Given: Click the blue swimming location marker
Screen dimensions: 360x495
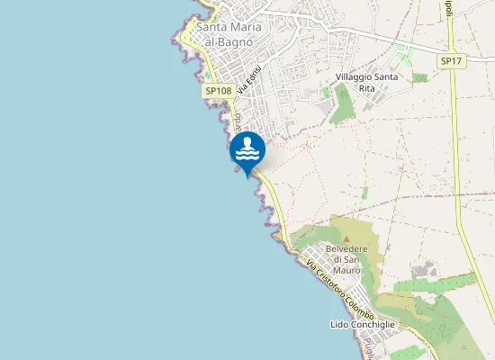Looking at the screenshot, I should click(247, 150).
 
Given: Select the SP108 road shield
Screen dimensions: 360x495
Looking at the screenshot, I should click(218, 91).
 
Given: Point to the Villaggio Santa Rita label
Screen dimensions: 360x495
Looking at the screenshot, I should click(366, 83).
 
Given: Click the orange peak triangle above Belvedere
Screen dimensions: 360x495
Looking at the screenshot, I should click(346, 238).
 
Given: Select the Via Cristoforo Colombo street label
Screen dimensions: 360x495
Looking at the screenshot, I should click(339, 290).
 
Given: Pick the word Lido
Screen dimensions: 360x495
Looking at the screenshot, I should click(339, 324).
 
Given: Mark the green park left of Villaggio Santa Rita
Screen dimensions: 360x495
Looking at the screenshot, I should click(341, 103).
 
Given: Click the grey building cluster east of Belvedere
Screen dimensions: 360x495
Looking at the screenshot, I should click(421, 270).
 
